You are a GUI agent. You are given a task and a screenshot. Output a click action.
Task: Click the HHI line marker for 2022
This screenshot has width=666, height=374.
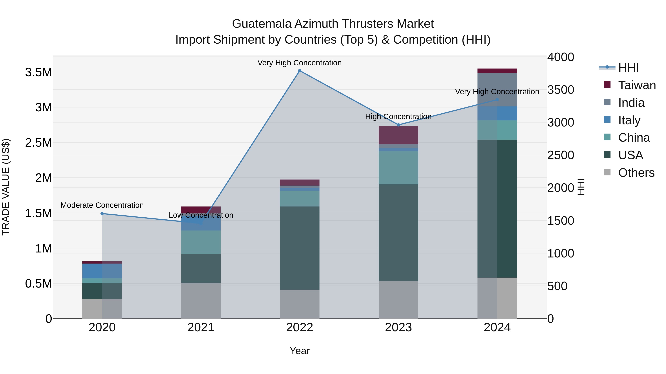pyautogui.click(x=300, y=71)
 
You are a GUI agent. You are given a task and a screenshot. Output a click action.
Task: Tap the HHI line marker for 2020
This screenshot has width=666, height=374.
pyautogui.click(x=102, y=214)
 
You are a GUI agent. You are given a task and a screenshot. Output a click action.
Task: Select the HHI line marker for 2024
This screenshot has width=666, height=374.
pyautogui.click(x=497, y=100)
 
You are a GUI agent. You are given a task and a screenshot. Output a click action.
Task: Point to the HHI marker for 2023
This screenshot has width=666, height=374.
pyautogui.click(x=398, y=125)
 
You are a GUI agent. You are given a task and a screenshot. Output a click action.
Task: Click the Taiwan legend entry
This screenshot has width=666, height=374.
pyautogui.click(x=637, y=85)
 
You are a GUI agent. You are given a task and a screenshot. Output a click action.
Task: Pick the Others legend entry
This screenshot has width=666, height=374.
pyautogui.click(x=636, y=173)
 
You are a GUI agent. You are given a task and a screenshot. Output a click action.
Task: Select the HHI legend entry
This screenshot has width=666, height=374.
pyautogui.click(x=628, y=68)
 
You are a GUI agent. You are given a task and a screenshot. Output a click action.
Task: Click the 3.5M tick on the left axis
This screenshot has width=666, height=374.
pyautogui.click(x=38, y=72)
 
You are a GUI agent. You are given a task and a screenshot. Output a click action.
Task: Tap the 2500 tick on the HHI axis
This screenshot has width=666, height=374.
pyautogui.click(x=561, y=155)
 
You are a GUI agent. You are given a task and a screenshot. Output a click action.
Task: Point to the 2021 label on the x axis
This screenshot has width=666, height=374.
pyautogui.click(x=201, y=327)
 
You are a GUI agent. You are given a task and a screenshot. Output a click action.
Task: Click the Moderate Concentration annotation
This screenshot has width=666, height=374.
pyautogui.click(x=102, y=205)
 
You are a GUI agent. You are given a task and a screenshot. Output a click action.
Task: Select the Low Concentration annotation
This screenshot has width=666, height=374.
pyautogui.click(x=201, y=215)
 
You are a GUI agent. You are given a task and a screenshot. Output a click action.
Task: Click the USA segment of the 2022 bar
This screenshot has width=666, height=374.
pyautogui.click(x=300, y=248)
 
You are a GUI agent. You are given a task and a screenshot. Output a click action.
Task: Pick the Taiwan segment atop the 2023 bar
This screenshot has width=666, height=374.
pyautogui.click(x=398, y=135)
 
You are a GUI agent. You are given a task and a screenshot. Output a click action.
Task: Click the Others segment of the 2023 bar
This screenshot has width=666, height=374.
pyautogui.click(x=398, y=299)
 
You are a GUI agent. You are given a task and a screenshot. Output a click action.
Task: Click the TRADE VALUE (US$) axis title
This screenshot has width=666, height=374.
pyautogui.click(x=6, y=187)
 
